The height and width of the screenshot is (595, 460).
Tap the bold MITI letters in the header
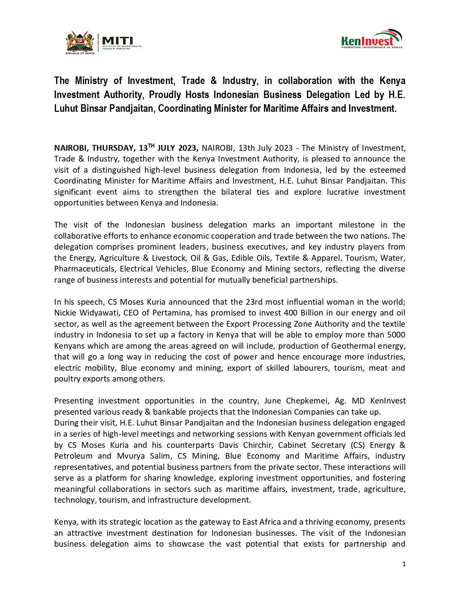click(x=118, y=40)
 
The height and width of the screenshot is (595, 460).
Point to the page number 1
click(x=404, y=564)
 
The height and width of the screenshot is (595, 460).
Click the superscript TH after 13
click(x=151, y=146)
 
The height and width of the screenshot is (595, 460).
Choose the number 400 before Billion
click(x=290, y=313)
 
